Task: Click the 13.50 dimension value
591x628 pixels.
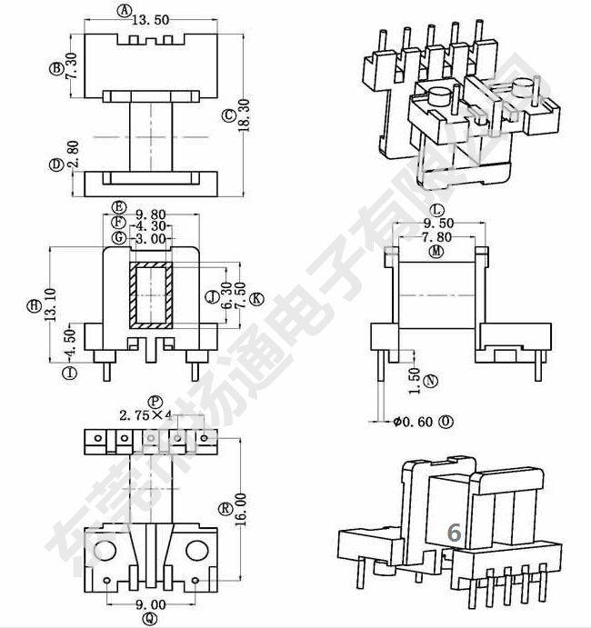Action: [155, 19]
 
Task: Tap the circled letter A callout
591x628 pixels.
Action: [124, 10]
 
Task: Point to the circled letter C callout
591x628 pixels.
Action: [228, 115]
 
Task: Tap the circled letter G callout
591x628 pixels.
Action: [118, 237]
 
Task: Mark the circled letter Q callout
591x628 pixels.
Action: [151, 619]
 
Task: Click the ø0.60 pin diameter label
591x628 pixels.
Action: [416, 422]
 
